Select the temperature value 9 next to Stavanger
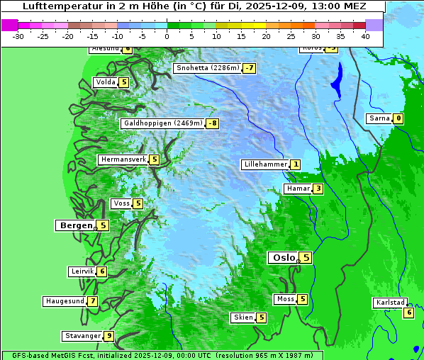coord(108,336)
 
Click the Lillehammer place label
coord(264,164)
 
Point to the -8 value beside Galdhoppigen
coord(212,123)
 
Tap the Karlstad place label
coord(390,303)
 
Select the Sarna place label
coord(379,118)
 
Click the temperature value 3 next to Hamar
coord(318,189)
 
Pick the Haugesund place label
coord(65,301)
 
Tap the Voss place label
coord(121,204)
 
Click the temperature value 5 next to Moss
coord(302,299)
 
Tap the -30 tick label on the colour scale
coord(19,36)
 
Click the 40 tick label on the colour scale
coord(365,36)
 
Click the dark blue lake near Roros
coord(336,79)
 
